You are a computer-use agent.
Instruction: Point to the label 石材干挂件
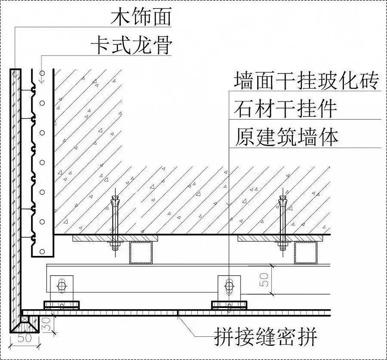click(286, 109)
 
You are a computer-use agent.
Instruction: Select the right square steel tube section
click(306, 252)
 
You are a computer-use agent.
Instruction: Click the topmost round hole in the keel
click(42, 103)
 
